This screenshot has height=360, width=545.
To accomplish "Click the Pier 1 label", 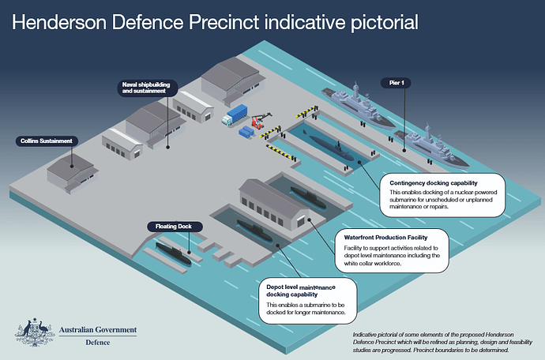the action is tap(396, 83).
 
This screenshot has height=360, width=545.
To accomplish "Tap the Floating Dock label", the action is tap(174, 227).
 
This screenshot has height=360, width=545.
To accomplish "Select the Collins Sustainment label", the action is tap(47, 141).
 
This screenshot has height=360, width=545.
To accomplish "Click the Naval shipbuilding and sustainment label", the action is tap(147, 88).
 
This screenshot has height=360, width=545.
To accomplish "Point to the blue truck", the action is tap(235, 115).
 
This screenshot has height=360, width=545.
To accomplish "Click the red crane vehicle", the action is tap(260, 120).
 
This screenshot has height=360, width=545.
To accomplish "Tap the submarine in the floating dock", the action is tap(173, 253).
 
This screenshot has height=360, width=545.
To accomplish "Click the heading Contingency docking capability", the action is tap(434, 183).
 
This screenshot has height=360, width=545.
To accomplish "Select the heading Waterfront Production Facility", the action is tap(385, 238).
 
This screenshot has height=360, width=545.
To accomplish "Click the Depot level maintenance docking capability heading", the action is tap(301, 291).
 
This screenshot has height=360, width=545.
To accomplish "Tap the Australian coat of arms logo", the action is tap(35, 332).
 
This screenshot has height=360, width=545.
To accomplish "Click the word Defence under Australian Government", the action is tap(98, 343).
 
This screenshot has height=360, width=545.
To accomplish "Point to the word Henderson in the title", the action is tap(59, 22).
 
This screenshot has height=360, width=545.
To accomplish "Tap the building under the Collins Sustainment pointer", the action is tap(73, 173).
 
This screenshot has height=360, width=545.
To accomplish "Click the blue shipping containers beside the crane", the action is tap(246, 132).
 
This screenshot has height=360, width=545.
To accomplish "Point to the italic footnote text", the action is tap(442, 343).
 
